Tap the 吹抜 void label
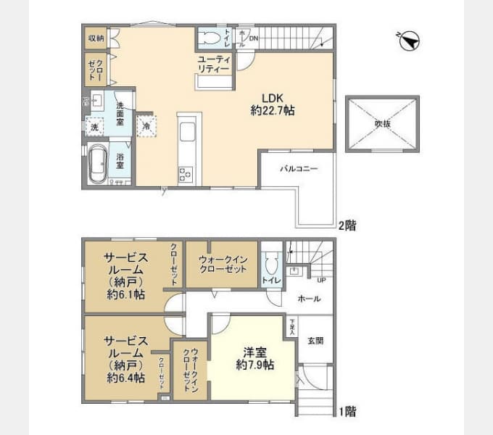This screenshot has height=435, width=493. coord(382,124)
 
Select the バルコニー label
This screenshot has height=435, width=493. coord(299,168)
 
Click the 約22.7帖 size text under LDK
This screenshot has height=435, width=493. coord(272,111)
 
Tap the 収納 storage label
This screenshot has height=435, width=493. coord(96,38)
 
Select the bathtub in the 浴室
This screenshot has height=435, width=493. coord(98,166)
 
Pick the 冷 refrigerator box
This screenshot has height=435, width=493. coord(146,126)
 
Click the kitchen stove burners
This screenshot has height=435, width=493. coord(186,174)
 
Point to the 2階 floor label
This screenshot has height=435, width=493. coord(347,225)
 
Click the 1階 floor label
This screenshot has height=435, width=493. coord(347,411)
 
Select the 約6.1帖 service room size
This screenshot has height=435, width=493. coord(126,297)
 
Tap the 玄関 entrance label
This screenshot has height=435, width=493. coord(315,340)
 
